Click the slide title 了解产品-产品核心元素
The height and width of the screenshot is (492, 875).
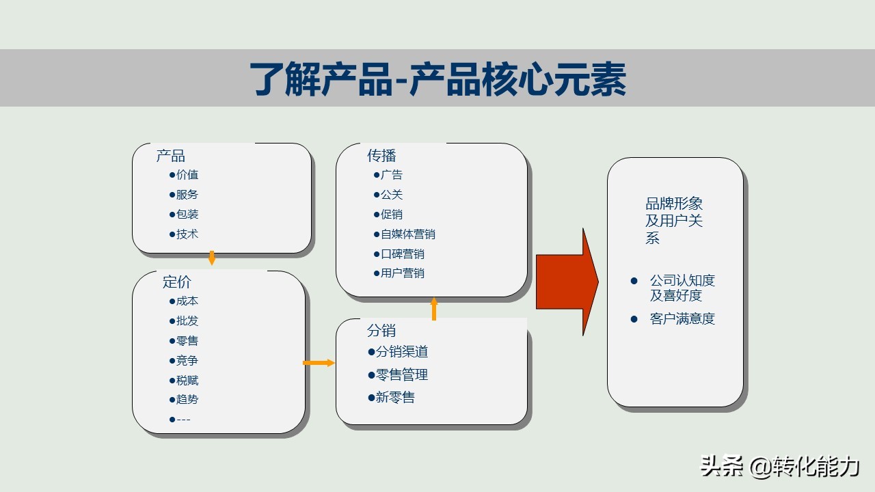[437, 79]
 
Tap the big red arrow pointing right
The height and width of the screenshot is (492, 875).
[566, 282]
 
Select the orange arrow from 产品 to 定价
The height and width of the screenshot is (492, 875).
[212, 258]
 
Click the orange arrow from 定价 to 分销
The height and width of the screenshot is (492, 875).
[319, 363]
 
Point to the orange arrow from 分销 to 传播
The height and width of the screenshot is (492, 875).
[433, 308]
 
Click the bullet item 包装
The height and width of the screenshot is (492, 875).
[187, 215]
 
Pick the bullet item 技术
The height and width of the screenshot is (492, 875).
[187, 234]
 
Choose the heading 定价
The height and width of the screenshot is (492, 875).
[176, 282]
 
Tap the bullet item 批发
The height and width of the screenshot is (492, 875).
[187, 321]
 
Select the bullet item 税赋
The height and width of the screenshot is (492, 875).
[187, 381]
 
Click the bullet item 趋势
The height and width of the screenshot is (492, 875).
[187, 400]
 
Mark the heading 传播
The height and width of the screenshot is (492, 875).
[381, 156]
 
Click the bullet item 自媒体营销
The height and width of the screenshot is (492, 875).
[407, 234]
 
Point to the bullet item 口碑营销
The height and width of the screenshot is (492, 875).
[402, 254]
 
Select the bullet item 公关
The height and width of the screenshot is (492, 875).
[391, 195]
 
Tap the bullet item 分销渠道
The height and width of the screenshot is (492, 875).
[401, 352]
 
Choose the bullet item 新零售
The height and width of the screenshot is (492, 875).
[395, 397]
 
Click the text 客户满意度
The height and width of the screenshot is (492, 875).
[682, 319]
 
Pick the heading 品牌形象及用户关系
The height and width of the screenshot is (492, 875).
[674, 221]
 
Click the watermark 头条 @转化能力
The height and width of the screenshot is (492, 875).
[779, 467]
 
